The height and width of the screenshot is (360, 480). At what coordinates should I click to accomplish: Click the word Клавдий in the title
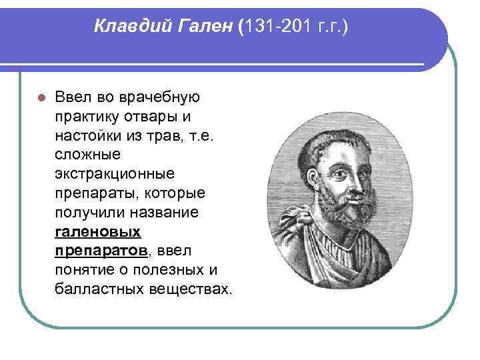click(x=126, y=27)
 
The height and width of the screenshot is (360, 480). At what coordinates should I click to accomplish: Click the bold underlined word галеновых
click(x=98, y=232)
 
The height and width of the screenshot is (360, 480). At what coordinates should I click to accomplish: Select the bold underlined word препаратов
click(x=101, y=251)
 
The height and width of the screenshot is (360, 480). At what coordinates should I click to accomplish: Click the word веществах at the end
click(x=197, y=290)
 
